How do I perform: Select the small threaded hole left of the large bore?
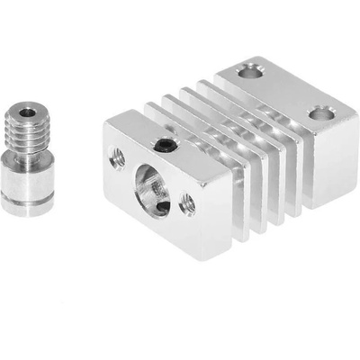click(116, 158)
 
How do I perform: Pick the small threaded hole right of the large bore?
click(187, 204)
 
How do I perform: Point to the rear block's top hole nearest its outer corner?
click(319, 113)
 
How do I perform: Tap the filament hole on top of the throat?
click(27, 112)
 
